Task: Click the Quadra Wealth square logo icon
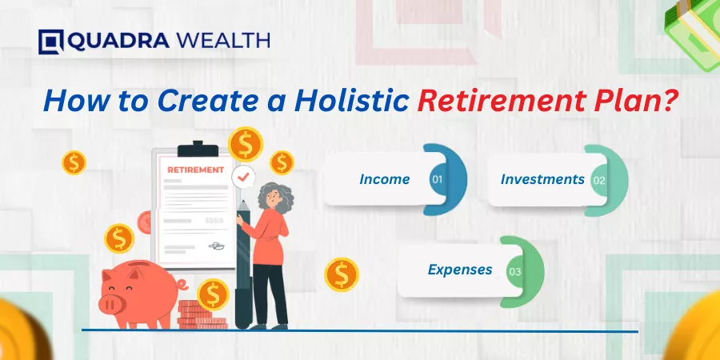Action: coord(51,42)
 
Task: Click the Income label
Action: coord(384,179)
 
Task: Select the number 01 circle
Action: coord(437,179)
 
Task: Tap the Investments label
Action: coord(542,179)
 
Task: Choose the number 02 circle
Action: coord(598,180)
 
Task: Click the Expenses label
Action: coord(460,270)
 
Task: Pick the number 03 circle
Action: coord(514,271)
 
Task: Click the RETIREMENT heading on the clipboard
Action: coord(196,170)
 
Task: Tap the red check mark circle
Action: coord(243,177)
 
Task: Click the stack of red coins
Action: coord(201,316)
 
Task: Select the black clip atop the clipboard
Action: coord(198,150)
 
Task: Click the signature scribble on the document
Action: coord(216,246)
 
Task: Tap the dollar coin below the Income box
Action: coord(341,275)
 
